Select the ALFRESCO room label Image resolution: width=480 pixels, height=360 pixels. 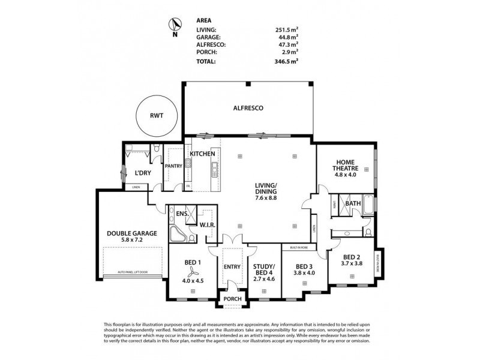click(x=248, y=108)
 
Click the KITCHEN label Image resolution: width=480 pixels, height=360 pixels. click(x=202, y=154)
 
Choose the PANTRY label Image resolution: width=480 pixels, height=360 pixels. click(x=174, y=166)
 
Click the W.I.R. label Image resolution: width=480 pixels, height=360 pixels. click(x=208, y=225)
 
